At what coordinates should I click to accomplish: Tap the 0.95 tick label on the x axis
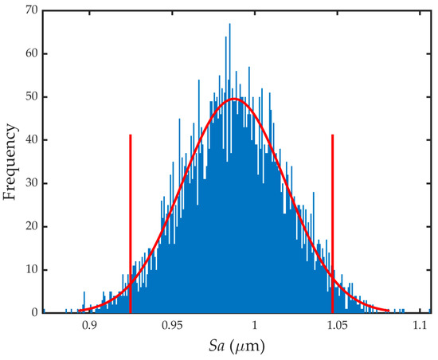[171, 327]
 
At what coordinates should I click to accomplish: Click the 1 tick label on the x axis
[254, 327]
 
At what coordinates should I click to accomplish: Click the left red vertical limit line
[131, 223]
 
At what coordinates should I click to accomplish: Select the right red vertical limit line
[332, 223]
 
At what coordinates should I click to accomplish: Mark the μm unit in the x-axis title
[249, 348]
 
